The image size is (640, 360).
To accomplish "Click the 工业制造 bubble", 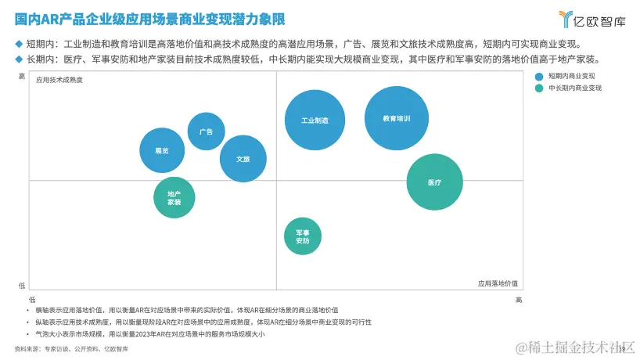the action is click(315, 120).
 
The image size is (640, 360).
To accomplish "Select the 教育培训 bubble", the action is click(397, 119).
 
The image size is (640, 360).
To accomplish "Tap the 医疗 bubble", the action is click(435, 182).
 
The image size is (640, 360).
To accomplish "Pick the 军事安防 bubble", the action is click(302, 236).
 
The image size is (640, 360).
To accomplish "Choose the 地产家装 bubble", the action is click(174, 197).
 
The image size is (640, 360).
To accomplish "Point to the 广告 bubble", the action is click(207, 131).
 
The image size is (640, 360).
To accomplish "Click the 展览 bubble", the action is click(162, 150).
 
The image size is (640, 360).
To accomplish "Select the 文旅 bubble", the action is click(243, 159).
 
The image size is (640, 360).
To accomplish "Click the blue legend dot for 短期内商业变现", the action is click(538, 76).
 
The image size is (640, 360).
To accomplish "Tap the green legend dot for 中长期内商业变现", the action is click(538, 88).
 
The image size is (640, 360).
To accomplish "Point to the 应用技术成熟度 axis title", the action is click(59, 80).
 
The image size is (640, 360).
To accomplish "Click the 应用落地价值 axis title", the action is click(498, 283).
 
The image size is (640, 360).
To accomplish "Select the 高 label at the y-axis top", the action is click(22, 76).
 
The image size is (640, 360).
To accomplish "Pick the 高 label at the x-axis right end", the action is click(518, 299).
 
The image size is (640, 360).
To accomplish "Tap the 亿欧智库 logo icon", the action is click(566, 19).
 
